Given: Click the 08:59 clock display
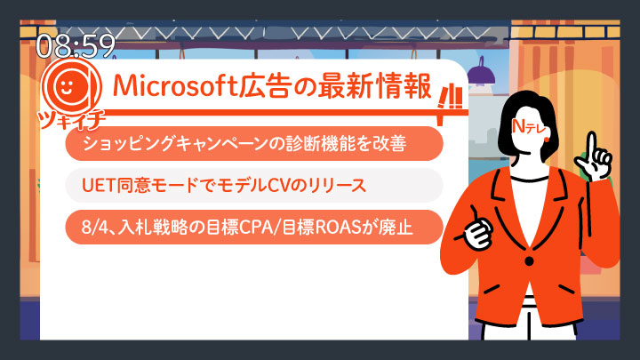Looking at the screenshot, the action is point(76,45).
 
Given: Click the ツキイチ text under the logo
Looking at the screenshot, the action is point(71,120).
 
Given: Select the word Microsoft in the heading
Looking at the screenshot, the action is point(175,86).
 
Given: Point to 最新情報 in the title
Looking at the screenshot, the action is point(374,86).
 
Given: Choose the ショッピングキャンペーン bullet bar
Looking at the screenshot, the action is point(254,143).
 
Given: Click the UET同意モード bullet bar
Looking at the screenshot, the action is point(254,185).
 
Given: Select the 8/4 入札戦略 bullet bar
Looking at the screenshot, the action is point(254,228).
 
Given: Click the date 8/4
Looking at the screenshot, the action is point(93,228).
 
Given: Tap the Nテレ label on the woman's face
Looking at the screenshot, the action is point(529,127).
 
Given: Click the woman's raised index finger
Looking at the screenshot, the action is point(591,145).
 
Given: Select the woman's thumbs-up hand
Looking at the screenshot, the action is point(476,229).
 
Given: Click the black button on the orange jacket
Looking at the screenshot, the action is point(529,260).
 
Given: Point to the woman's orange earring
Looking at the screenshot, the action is point(547,140).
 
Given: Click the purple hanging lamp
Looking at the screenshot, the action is point(481,74).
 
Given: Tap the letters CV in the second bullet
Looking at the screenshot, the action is point(282,186).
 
